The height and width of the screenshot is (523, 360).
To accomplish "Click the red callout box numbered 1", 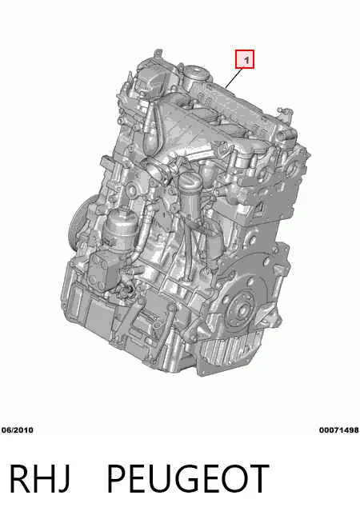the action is pos(245,59).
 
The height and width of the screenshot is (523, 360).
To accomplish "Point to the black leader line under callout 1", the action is pos(234,78).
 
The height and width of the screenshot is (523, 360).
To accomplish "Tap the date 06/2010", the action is pos(18,430).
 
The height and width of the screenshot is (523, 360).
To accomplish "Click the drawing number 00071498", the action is pos(339,430).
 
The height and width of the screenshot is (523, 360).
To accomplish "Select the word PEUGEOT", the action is pos(188,479).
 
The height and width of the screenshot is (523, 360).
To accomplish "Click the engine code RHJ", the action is pos(39,479).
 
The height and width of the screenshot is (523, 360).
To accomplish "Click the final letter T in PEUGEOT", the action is pos(258,479).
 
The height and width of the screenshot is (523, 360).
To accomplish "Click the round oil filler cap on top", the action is pos(196,73).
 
